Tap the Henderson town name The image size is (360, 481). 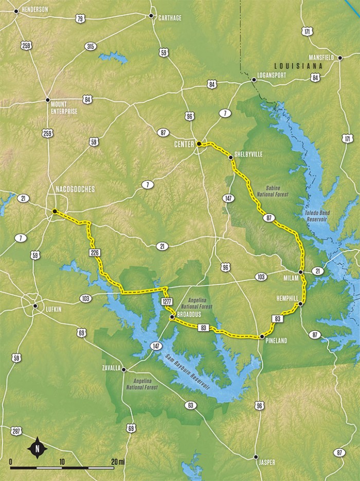pyautogui.click(x=34, y=9)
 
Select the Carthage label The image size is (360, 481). pyautogui.click(x=170, y=17)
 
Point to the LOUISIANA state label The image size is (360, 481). pyautogui.click(x=298, y=66)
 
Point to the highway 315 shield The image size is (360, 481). pyautogui.click(x=91, y=47)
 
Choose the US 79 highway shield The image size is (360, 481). pyautogui.click(x=80, y=19)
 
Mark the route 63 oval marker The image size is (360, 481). pyautogui.click(x=191, y=405)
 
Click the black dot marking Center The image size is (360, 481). pyautogui.click(x=199, y=144)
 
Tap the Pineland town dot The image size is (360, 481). pyautogui.click(x=261, y=337)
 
